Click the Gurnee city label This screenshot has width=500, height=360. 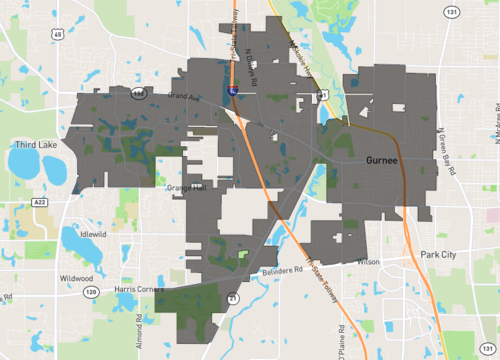point(384,161)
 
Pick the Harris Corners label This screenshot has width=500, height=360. point(137,289)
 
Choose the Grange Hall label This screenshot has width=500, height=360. point(187,186)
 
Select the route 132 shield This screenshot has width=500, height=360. point(138,93)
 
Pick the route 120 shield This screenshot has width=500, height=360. point(91,291)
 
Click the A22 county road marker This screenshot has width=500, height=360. point(40,201)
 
